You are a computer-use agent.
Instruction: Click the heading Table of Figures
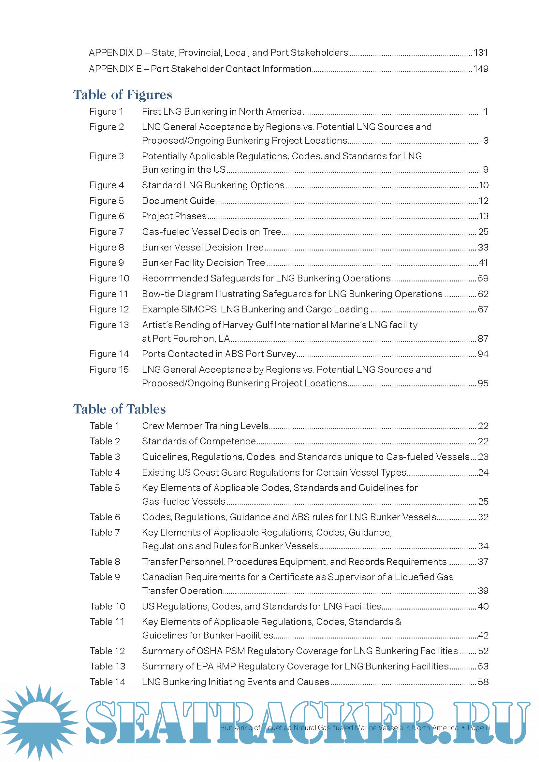pos(123,95)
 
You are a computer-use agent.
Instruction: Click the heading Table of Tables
pos(119,409)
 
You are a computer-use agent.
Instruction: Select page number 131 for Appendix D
pos(481,53)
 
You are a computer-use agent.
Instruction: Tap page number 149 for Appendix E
pos(481,69)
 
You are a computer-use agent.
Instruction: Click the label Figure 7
pos(107,232)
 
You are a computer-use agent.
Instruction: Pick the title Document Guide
pos(178,201)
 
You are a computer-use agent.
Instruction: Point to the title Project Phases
pos(174,216)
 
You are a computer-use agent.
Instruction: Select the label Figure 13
pos(109,325)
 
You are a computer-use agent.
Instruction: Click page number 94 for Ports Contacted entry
pos(483,354)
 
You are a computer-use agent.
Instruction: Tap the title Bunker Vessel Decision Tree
pos(203,247)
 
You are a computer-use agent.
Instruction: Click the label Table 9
pos(105,577)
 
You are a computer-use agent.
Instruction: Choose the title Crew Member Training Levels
pos(205,426)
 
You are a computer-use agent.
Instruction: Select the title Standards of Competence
pos(199,441)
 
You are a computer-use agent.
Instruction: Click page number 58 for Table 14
pos(483,682)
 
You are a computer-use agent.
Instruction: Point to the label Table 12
pos(107,651)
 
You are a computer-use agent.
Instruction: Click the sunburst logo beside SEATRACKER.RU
pos(39,722)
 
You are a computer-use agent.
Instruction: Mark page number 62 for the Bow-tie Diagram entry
pos(483,294)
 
